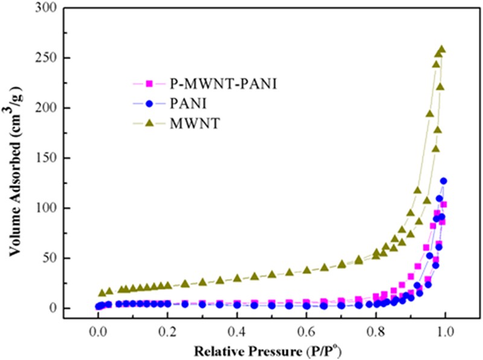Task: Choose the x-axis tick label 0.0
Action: pyautogui.click(x=97, y=332)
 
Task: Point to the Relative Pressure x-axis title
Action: pyautogui.click(x=271, y=350)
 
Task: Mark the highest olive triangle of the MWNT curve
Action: pyautogui.click(x=441, y=50)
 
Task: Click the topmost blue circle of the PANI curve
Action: pyautogui.click(x=444, y=181)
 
